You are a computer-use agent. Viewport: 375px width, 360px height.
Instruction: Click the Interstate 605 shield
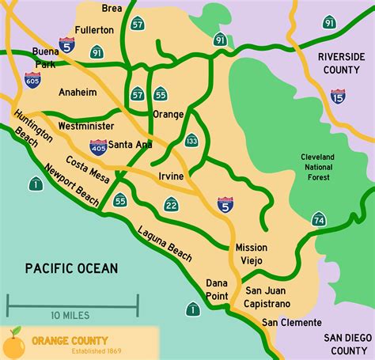32,79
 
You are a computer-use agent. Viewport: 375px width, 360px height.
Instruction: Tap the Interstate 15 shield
338,97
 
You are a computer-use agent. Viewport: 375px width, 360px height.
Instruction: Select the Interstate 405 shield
97,146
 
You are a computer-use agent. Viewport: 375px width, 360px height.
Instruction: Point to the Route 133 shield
191,141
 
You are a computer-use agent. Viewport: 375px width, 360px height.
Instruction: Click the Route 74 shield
319,219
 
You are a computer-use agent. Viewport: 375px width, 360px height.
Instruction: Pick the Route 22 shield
171,206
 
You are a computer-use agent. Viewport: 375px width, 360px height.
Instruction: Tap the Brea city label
112,9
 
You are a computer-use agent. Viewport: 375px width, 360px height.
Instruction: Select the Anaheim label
78,92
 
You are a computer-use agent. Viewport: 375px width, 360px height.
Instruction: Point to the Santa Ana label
131,144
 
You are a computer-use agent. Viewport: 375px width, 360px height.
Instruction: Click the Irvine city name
170,176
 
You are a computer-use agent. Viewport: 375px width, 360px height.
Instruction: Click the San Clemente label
292,323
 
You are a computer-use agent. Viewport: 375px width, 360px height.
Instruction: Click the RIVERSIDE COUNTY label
341,64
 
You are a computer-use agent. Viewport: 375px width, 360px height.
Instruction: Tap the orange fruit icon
13,343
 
